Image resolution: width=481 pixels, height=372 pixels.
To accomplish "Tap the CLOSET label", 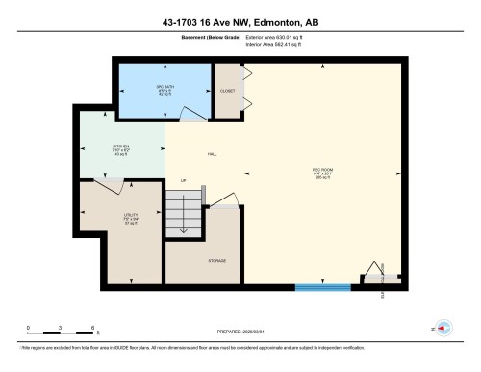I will click(227, 90).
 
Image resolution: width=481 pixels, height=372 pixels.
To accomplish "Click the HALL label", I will click(212, 154).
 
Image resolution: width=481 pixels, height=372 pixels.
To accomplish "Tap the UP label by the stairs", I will click(182, 180).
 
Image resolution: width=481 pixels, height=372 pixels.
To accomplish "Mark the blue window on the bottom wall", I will click(323, 286).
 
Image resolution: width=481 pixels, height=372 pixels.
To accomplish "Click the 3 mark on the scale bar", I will click(60, 329).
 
